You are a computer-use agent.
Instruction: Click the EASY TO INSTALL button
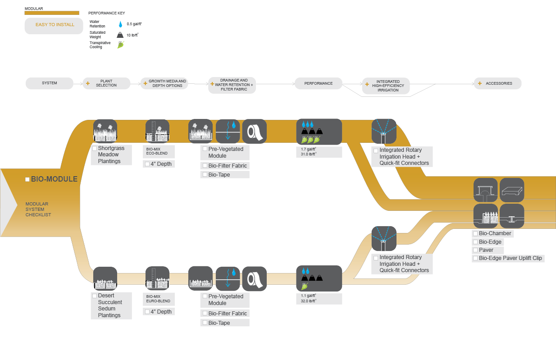click(x=54, y=25)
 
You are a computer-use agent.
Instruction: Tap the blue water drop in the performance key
click(x=120, y=24)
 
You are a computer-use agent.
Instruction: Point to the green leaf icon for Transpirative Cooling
click(x=120, y=45)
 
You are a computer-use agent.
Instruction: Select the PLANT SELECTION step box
click(x=106, y=83)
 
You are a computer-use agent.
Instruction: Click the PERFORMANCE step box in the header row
click(x=318, y=83)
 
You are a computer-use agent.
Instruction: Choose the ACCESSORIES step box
click(x=497, y=83)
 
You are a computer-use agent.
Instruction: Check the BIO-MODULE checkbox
click(x=27, y=179)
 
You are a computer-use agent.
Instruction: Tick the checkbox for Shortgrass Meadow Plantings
click(x=95, y=148)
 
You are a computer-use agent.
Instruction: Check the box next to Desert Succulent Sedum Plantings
click(x=95, y=296)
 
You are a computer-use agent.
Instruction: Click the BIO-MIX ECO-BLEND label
click(x=157, y=151)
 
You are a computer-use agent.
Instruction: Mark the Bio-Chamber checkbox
click(x=475, y=233)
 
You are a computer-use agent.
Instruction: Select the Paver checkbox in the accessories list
click(x=475, y=250)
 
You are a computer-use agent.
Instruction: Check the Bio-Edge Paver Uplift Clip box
click(x=475, y=259)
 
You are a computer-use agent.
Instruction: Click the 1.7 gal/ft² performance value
click(x=309, y=149)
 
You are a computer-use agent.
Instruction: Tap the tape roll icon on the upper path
click(x=255, y=131)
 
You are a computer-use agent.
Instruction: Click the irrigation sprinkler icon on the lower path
click(x=383, y=239)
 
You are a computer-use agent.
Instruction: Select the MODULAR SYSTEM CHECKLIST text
click(x=38, y=210)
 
